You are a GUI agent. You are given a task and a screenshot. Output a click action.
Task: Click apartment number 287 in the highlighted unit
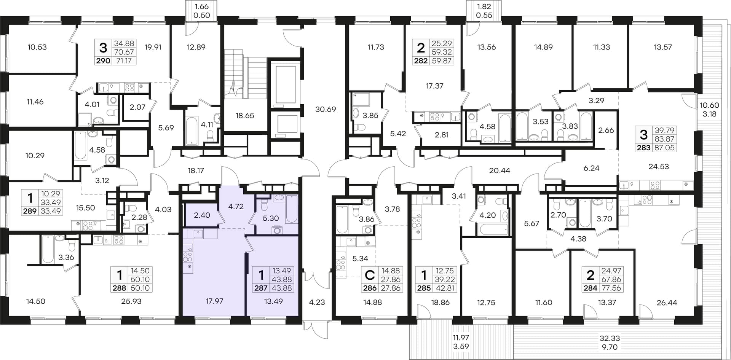coord(261,288)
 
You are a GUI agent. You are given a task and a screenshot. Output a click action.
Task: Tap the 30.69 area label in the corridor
coord(326,109)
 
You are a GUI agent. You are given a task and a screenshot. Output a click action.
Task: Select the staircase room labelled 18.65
coord(245,115)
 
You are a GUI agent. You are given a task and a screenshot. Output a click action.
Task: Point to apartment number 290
coord(103,61)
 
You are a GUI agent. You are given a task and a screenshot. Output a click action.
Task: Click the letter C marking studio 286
coord(370,275)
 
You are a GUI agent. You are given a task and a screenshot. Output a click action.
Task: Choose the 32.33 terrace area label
coord(610,338)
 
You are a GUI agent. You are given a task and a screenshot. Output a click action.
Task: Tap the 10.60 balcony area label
coord(709,105)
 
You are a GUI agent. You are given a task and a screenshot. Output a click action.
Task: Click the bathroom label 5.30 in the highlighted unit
coord(271,218)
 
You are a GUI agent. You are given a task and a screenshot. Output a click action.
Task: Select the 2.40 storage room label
coord(202,215)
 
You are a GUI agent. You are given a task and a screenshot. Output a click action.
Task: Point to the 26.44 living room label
coord(667,303)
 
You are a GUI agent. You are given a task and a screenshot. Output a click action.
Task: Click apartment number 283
coord(644,148)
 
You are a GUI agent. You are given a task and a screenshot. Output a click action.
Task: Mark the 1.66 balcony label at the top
coord(201,6)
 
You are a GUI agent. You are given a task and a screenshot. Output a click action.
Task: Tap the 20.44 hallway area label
coord(500,171)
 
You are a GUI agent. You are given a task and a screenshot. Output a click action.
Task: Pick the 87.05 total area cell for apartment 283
coord(664,148)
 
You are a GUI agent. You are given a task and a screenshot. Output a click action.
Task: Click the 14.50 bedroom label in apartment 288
coord(36,301)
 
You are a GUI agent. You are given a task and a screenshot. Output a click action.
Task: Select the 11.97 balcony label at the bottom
coord(461,338)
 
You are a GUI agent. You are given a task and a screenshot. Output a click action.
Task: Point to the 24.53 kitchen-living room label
coord(659,166)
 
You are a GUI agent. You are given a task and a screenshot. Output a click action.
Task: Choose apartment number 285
coord(424,288)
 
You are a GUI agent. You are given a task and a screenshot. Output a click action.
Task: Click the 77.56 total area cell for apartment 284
coord(611,288)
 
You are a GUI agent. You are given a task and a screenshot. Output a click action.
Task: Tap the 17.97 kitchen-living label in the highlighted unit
coord(214,301)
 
